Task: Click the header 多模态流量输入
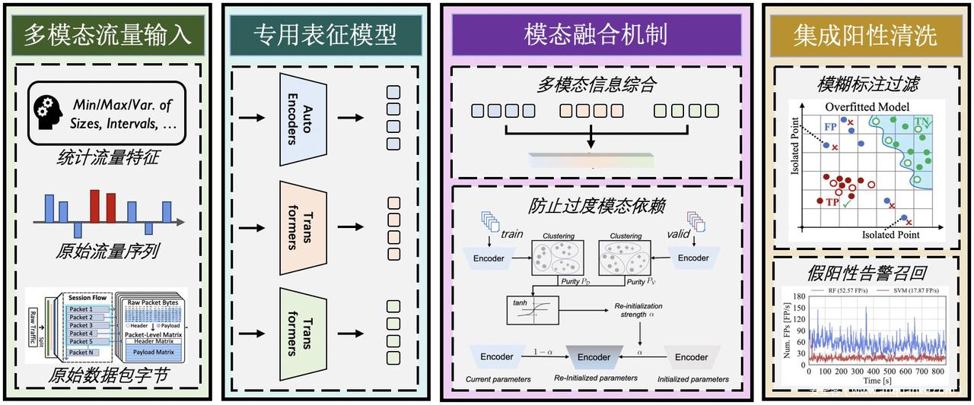coord(107,34)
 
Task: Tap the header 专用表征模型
coord(325,34)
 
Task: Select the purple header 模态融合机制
coord(595,34)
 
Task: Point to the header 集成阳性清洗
coord(865,35)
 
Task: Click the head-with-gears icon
coord(47,112)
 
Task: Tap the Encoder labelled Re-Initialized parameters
coord(594,356)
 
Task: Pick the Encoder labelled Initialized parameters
coord(691,356)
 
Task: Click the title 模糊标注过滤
coord(865,83)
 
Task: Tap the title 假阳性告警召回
coord(865,273)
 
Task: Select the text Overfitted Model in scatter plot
coord(867,106)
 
